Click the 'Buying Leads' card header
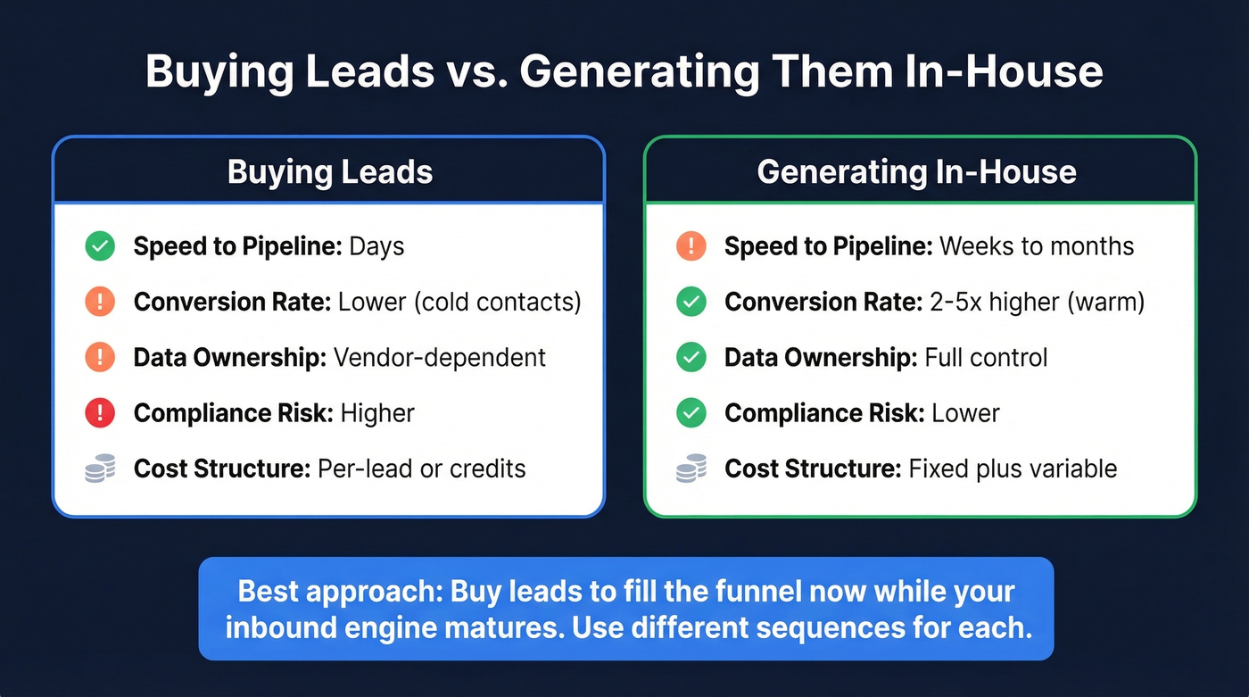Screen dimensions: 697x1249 [x=329, y=171]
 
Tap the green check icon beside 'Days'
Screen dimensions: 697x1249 [x=100, y=246]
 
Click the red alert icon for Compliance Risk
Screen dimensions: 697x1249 [x=100, y=413]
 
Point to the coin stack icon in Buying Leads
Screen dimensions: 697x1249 [x=100, y=469]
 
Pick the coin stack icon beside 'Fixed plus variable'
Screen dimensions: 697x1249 [x=691, y=469]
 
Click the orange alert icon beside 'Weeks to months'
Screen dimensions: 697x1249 [x=691, y=246]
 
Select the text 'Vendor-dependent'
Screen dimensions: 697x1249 [x=439, y=358]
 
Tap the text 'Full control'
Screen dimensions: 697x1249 [x=986, y=358]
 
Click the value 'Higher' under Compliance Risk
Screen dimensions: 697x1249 [x=377, y=413]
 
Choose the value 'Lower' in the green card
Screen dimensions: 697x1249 [x=965, y=413]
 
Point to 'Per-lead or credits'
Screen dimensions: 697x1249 [x=421, y=469]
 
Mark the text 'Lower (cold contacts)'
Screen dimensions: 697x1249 [x=459, y=303]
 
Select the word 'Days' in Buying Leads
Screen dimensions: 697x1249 [x=376, y=246]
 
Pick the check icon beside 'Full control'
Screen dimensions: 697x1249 [x=691, y=358]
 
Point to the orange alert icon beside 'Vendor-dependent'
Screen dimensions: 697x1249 [x=100, y=358]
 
